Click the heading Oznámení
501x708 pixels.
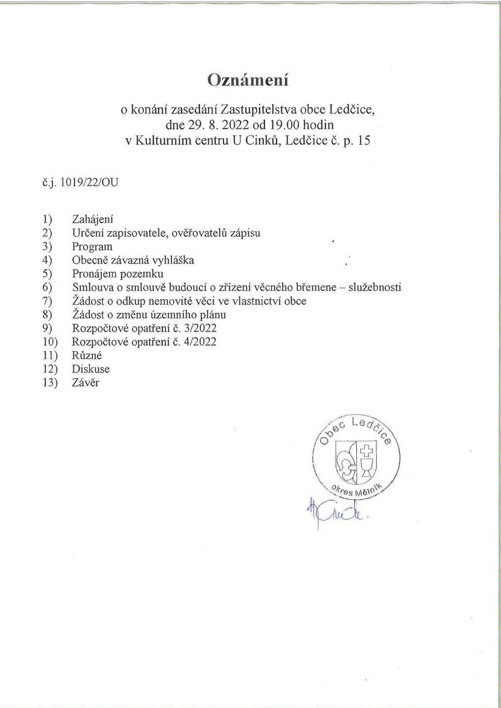[x=248, y=80]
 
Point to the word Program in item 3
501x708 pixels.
[x=92, y=246]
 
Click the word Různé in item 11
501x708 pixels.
[x=85, y=355]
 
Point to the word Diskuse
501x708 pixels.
[x=91, y=369]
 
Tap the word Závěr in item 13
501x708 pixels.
[x=86, y=383]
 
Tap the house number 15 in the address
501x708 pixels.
[x=364, y=140]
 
